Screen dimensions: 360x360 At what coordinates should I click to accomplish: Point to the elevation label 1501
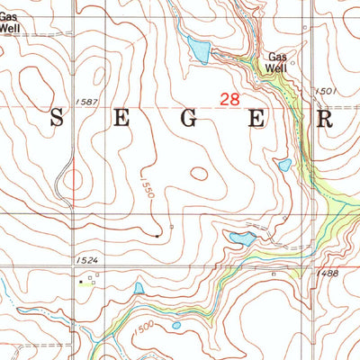pos(326,91)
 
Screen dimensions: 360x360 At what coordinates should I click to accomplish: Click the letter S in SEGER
pos(57,118)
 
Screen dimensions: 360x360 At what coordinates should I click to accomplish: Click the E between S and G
pos(122,118)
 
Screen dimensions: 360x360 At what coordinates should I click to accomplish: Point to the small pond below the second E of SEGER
pos(283,166)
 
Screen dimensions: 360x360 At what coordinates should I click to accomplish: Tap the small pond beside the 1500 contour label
pos(176,325)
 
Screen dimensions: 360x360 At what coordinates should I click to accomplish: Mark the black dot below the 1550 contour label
pos(157,235)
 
